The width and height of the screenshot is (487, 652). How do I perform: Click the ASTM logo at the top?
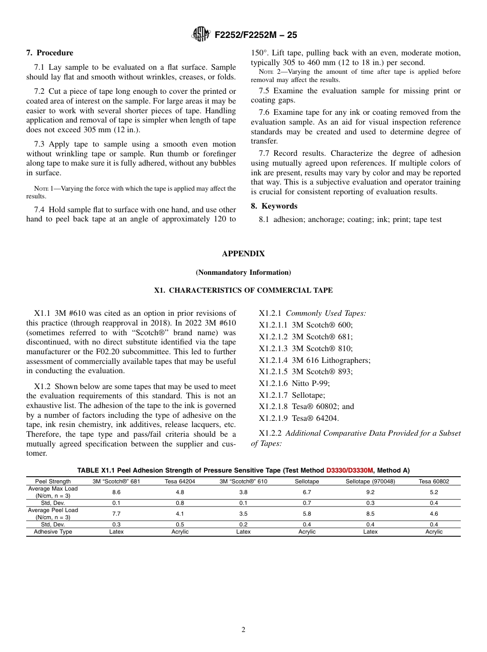(x=200, y=34)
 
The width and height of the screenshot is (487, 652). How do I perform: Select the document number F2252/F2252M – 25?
(x=255, y=35)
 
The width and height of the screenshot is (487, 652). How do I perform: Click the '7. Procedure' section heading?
(x=50, y=53)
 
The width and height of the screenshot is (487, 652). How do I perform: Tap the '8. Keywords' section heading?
(x=274, y=206)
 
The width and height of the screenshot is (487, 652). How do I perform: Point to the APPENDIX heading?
(x=243, y=254)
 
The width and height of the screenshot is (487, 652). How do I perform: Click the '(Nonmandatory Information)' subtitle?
(x=243, y=272)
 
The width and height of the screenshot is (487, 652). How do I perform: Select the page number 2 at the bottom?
(x=243, y=630)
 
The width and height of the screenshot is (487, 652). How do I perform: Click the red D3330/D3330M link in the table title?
(x=350, y=471)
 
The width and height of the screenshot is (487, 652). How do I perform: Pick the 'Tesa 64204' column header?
(x=180, y=481)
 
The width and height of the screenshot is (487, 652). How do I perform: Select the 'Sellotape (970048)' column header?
(x=370, y=481)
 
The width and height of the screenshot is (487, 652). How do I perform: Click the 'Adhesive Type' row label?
(x=53, y=532)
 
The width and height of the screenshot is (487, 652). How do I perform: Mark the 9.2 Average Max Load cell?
(x=370, y=492)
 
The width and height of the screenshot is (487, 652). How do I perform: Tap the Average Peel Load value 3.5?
(x=243, y=513)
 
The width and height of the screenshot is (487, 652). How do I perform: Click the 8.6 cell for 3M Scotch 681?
(x=116, y=492)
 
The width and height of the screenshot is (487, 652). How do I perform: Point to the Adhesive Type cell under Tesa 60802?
(x=434, y=532)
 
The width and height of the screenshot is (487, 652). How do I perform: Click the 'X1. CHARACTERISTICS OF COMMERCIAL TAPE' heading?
(x=243, y=291)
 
